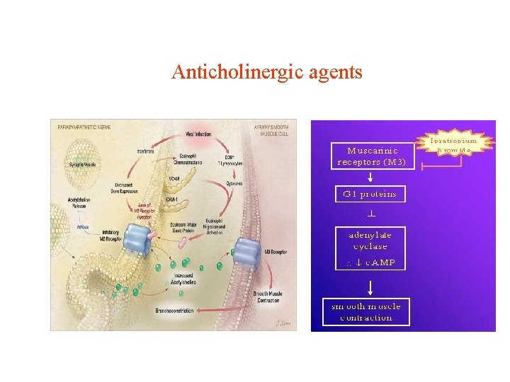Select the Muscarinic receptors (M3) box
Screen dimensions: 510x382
coord(372,156)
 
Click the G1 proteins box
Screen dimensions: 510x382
coord(370,194)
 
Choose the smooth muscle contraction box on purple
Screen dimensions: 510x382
coord(366,311)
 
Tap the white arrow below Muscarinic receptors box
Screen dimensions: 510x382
coord(370,177)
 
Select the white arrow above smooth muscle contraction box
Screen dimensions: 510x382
coord(370,287)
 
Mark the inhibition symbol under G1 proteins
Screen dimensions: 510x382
coord(370,213)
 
